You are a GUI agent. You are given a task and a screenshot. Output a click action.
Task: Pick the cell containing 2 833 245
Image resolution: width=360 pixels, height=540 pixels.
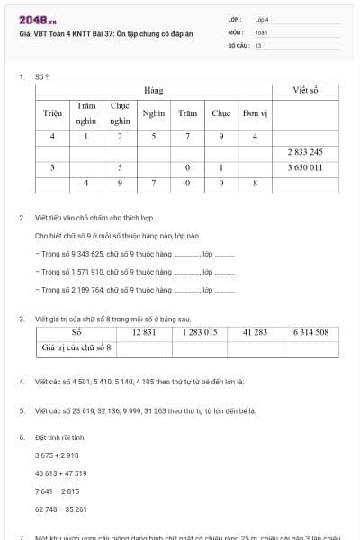(305, 152)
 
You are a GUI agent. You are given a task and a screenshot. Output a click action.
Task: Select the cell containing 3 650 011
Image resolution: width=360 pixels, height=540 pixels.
(305, 167)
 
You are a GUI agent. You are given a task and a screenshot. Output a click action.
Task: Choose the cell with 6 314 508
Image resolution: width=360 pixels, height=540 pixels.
(310, 332)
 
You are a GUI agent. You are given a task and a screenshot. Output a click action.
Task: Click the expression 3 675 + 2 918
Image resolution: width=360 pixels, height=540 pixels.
(57, 456)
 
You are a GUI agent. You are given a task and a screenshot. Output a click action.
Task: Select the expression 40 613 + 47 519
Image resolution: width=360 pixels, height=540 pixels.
(61, 473)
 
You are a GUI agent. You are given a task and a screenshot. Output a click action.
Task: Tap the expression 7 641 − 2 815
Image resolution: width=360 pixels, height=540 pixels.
(57, 491)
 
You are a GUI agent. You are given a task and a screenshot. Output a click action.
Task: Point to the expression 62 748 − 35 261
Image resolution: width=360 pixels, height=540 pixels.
(61, 509)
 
